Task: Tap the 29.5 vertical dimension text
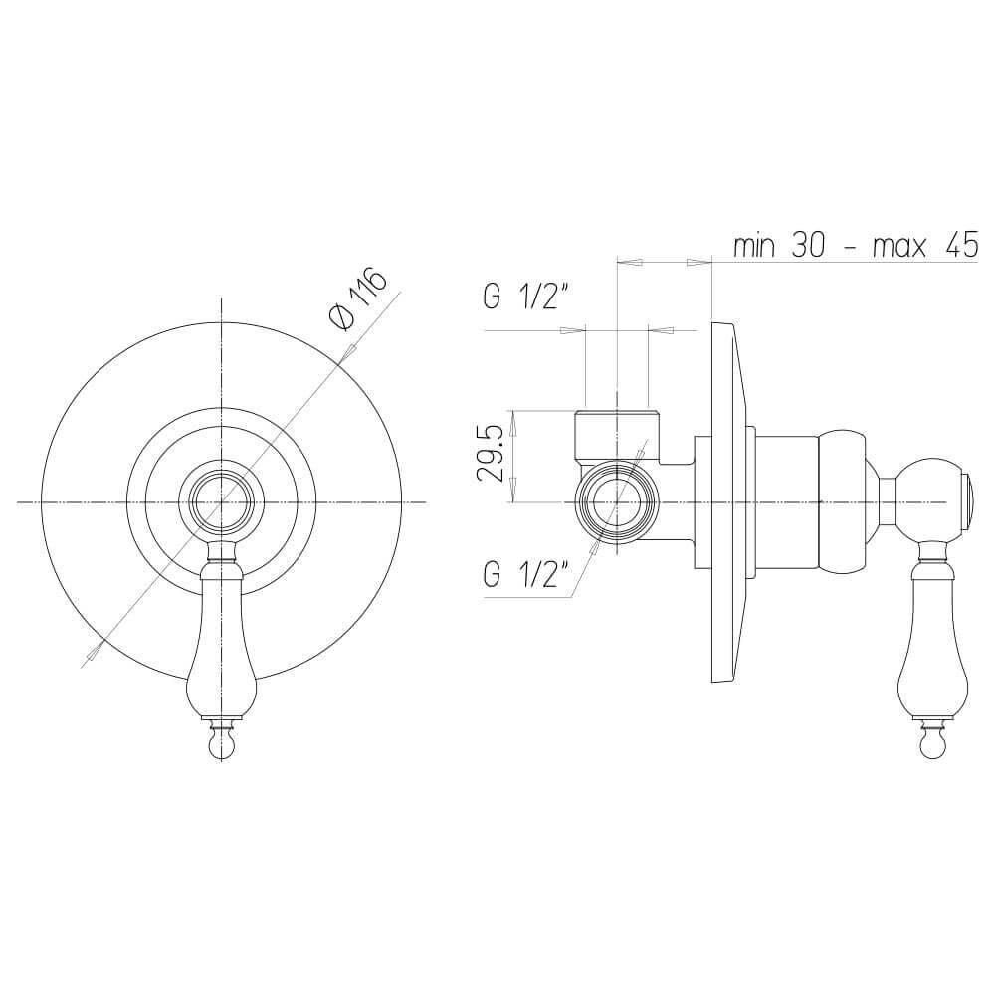494,455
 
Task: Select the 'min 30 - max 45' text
856,246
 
